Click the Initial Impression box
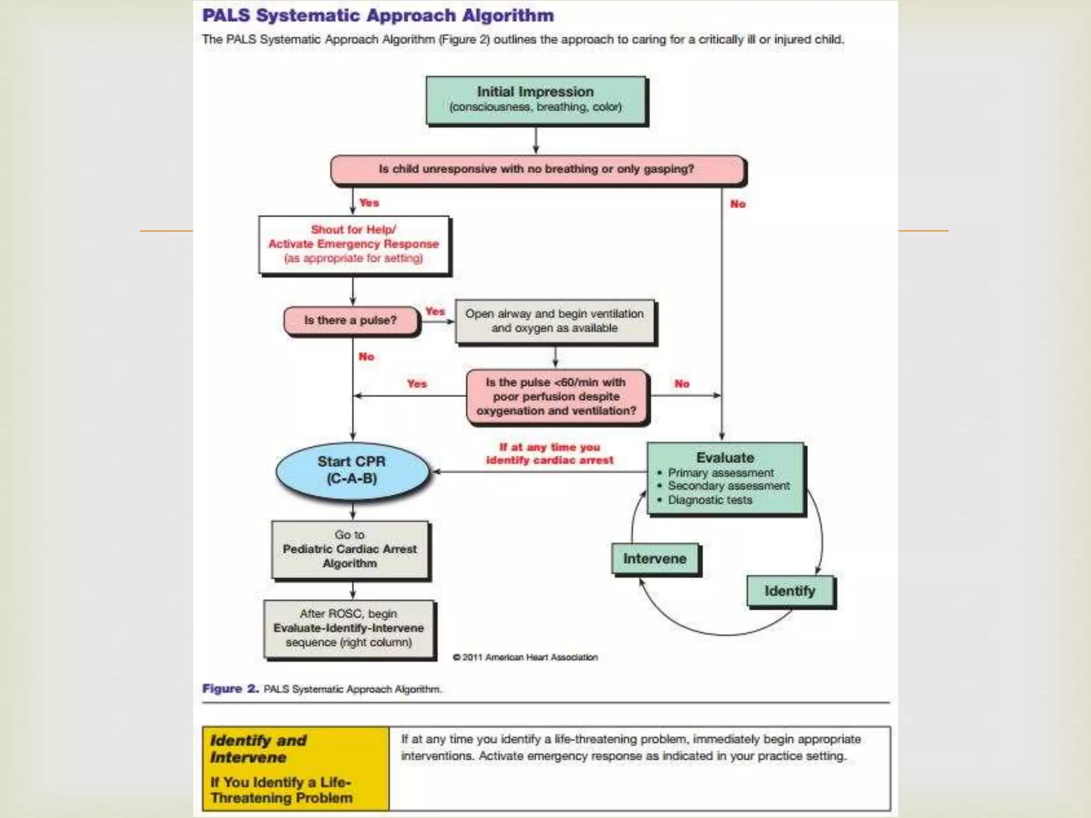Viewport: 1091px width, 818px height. (x=535, y=100)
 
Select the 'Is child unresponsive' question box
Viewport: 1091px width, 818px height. (x=536, y=169)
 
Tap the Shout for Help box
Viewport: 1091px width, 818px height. (x=354, y=244)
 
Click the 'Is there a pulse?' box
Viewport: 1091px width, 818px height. (x=351, y=321)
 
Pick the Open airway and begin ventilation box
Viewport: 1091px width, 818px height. (x=555, y=321)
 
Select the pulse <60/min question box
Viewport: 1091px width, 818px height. (x=556, y=397)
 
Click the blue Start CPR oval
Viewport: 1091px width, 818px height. (x=352, y=470)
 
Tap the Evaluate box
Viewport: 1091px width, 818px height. (x=725, y=478)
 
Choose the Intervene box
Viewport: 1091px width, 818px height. (x=655, y=559)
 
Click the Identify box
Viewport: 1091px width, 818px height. (x=790, y=591)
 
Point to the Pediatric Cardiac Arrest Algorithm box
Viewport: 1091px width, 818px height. (x=350, y=549)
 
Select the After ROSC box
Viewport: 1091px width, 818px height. (x=349, y=628)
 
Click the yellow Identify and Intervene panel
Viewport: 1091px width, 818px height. (x=296, y=768)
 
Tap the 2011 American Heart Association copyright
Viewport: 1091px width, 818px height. (x=526, y=658)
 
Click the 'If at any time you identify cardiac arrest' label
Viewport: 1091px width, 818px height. (x=549, y=454)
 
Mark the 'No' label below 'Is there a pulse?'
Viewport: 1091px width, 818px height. (x=367, y=357)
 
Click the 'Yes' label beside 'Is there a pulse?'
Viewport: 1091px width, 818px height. (x=435, y=312)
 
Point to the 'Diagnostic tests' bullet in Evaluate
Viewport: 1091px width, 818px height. (x=710, y=500)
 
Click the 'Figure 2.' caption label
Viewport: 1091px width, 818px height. (x=230, y=689)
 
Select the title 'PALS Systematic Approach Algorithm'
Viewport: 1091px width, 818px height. (x=378, y=15)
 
